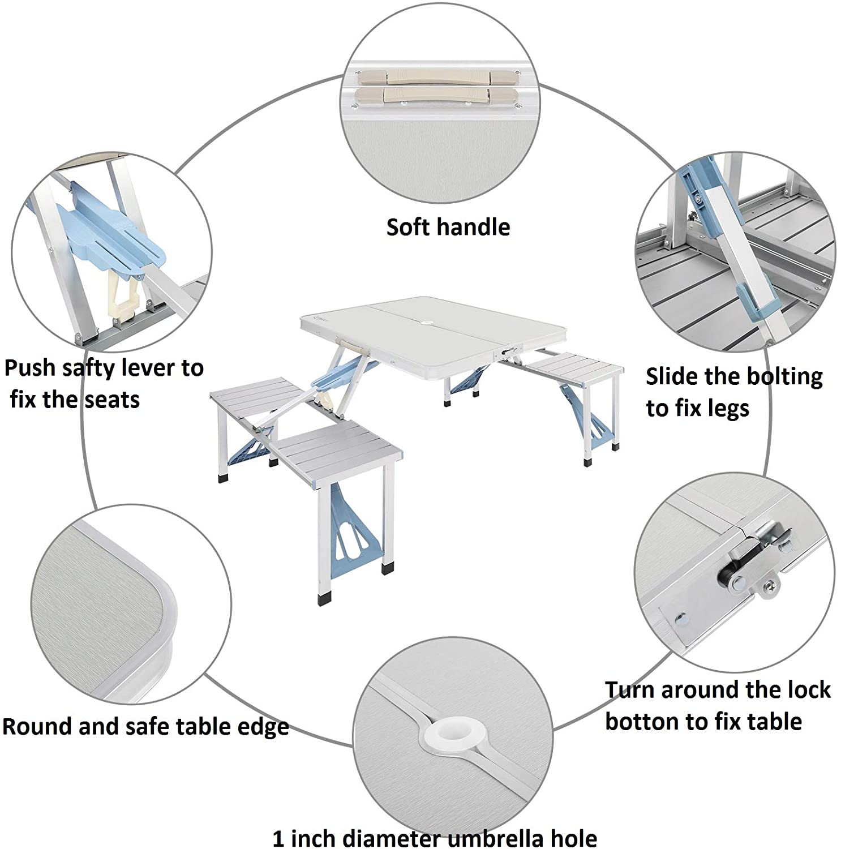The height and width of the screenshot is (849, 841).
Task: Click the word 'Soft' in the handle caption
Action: click(408, 228)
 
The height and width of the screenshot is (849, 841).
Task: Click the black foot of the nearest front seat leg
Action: click(325, 598)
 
